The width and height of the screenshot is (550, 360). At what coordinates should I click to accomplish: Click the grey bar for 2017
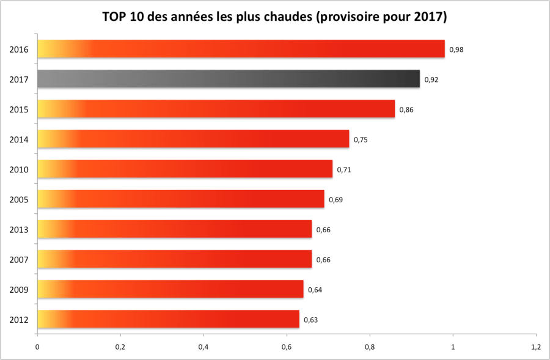click(x=229, y=79)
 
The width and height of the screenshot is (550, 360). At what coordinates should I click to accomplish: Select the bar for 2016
click(x=241, y=49)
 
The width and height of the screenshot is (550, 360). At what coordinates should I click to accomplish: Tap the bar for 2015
click(x=216, y=109)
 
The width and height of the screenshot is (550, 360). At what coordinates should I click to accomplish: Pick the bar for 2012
click(x=168, y=319)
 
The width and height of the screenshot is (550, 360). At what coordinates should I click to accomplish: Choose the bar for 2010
click(x=185, y=169)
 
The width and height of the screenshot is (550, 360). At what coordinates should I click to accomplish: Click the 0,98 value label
click(x=456, y=50)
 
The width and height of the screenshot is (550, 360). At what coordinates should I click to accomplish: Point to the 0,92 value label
click(x=431, y=79)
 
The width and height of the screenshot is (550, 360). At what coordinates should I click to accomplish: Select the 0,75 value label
click(x=361, y=139)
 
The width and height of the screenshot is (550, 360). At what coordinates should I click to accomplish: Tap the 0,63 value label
click(x=311, y=320)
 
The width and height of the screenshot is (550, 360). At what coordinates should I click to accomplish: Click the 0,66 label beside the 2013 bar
click(x=323, y=230)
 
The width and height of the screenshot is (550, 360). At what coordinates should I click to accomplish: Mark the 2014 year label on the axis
click(x=19, y=139)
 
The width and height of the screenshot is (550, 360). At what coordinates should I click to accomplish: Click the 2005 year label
click(x=19, y=199)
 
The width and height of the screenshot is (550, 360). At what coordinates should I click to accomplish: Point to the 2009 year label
click(x=19, y=289)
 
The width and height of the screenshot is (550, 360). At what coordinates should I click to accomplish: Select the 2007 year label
click(x=19, y=259)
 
